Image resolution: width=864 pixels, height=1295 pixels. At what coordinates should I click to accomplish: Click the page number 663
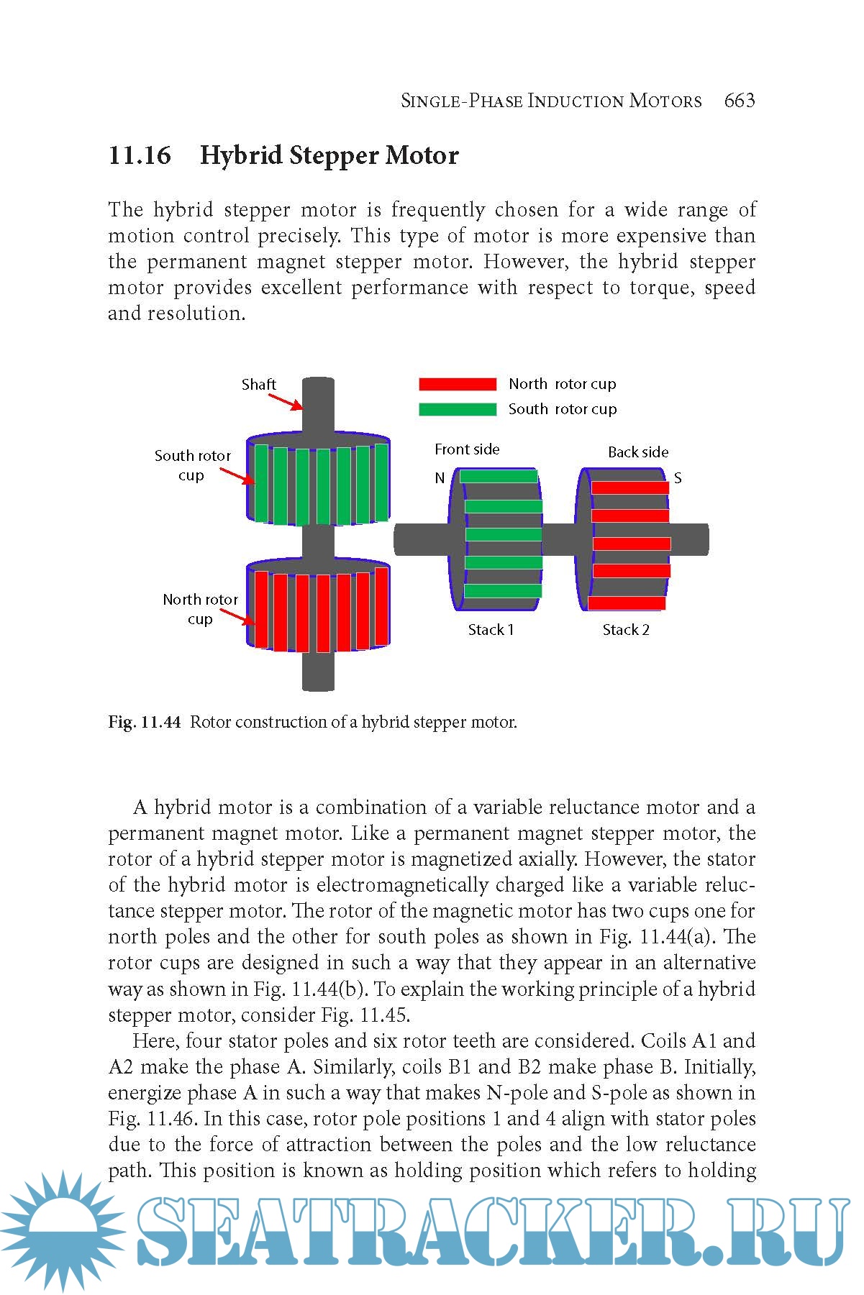740,101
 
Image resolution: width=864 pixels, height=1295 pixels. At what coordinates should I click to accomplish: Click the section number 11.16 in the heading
140,155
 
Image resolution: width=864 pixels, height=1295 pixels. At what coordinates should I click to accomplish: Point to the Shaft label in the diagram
258,385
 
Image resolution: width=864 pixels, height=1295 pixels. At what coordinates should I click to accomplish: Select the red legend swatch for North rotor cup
458,384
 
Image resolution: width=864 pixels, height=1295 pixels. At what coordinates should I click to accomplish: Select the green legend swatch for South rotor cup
458,409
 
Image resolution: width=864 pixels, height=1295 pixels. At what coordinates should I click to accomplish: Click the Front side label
467,449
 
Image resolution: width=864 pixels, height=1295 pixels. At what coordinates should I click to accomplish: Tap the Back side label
638,452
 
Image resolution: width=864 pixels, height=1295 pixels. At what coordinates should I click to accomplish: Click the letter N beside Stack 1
440,478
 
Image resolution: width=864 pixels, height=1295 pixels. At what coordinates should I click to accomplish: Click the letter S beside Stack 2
678,478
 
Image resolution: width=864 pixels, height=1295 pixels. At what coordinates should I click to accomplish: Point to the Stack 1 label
491,630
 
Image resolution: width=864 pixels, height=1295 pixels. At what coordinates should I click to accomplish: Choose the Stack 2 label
626,630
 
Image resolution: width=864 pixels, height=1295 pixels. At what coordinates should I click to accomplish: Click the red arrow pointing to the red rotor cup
236,618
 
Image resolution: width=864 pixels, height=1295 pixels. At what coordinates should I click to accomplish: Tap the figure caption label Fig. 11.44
144,722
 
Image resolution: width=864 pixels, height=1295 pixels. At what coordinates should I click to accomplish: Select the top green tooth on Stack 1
499,476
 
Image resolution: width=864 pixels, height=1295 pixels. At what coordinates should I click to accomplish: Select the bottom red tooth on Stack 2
627,603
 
